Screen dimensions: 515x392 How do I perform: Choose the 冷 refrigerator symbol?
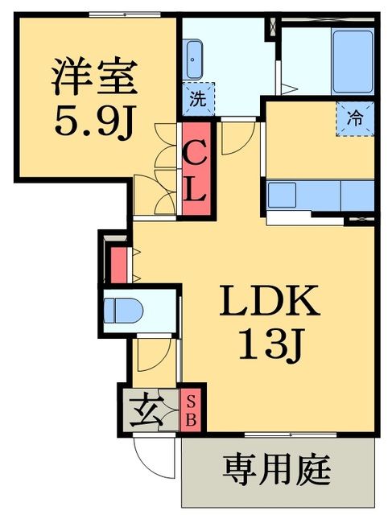355,117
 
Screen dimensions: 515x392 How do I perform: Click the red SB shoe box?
191,410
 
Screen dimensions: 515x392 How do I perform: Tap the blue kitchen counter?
320,194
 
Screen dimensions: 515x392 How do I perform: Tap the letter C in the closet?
196,152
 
